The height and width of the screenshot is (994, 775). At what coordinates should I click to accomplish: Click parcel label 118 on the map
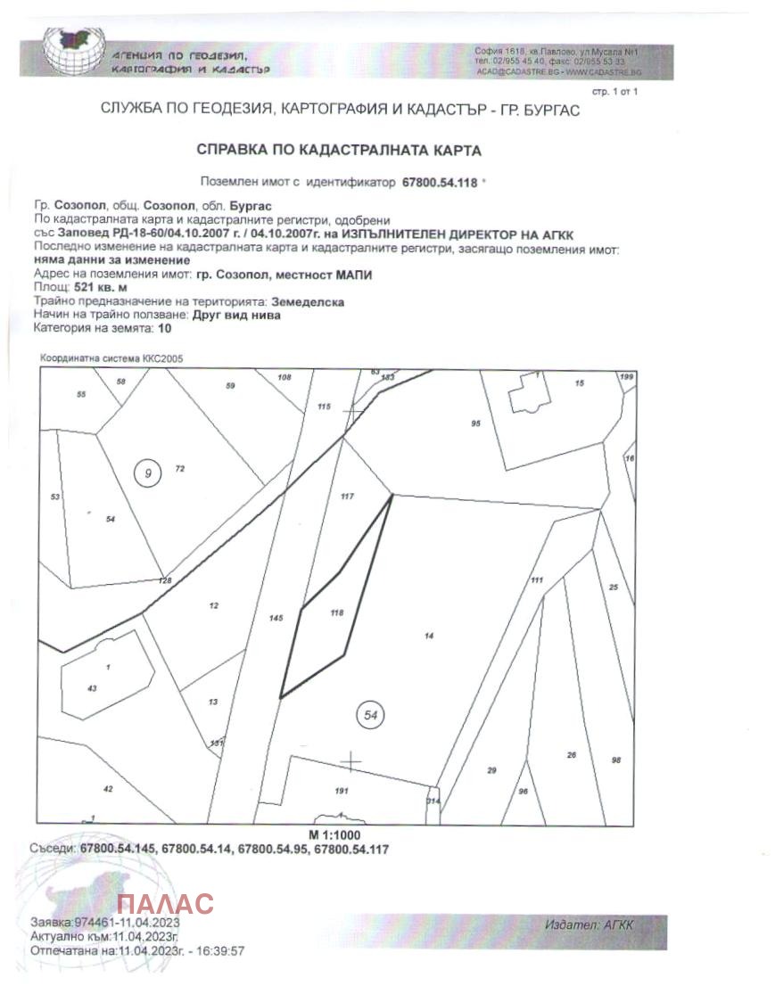336,612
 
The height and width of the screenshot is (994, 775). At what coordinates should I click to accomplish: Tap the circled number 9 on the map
148,473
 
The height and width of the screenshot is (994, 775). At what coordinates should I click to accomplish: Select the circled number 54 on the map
370,714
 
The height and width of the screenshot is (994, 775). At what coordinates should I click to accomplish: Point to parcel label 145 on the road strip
276,618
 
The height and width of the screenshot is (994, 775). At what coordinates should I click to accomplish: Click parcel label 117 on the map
348,496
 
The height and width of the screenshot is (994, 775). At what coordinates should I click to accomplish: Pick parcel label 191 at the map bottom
341,791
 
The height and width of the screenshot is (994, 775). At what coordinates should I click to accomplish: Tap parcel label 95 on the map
476,423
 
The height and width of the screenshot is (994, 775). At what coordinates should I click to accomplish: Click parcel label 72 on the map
179,468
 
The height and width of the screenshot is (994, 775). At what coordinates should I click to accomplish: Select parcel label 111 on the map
536,580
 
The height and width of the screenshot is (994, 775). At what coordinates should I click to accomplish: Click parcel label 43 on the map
91,687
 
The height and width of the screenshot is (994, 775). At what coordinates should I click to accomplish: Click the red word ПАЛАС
166,903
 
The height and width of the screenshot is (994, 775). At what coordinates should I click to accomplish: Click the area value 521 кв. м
100,289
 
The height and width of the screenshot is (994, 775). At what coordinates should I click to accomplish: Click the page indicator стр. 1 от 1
614,92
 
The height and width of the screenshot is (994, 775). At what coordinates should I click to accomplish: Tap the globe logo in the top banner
74,52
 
